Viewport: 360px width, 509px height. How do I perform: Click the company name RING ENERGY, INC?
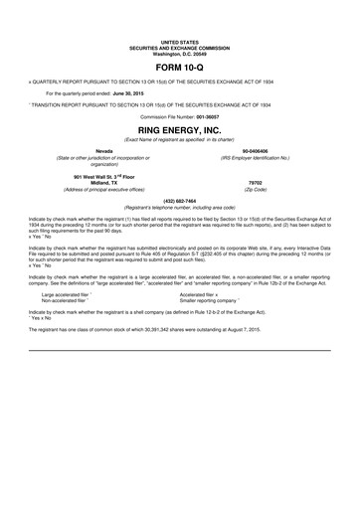(179, 129)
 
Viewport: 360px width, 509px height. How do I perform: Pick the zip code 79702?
(255, 182)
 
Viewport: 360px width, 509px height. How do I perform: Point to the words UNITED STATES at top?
(179, 41)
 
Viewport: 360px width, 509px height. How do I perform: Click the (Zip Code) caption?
(255, 189)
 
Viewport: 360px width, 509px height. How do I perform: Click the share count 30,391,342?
(197, 327)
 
